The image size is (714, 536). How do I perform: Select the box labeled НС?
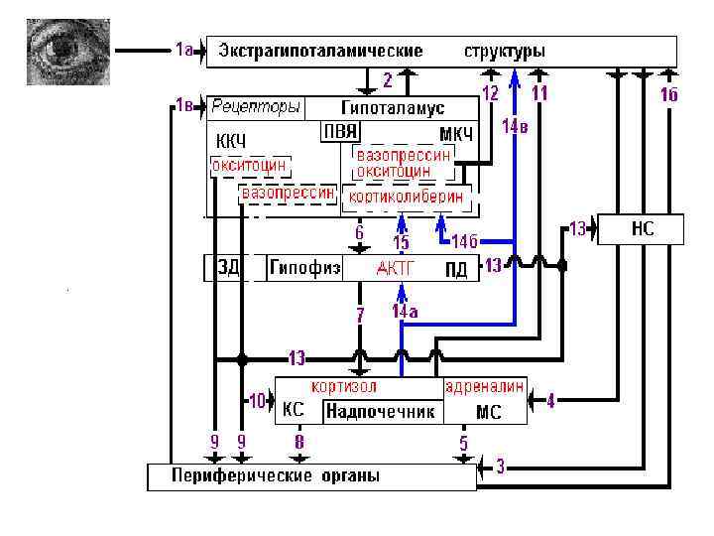642,230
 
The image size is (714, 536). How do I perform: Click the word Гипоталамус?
393,107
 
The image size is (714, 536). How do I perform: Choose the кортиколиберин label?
405,198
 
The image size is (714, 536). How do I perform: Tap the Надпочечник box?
381,411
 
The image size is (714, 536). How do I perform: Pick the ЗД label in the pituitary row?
229,268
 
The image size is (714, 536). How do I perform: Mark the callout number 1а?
183,49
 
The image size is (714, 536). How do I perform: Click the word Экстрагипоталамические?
321,51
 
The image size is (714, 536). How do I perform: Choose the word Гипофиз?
306,268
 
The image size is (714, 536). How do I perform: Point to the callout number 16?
668,95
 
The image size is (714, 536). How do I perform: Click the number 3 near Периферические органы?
501,466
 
